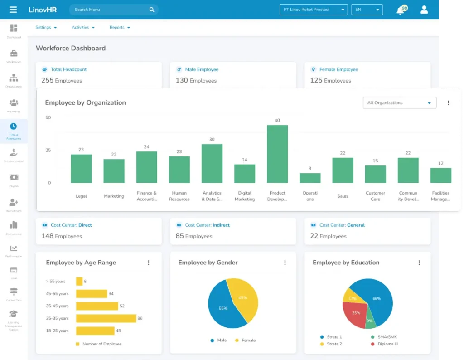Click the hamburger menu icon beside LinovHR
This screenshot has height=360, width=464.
click(x=13, y=10)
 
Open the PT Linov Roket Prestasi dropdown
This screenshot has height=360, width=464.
click(x=313, y=10)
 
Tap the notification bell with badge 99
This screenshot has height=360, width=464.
click(x=401, y=10)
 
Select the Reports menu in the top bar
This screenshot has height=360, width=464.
click(x=120, y=27)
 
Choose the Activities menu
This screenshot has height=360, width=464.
click(x=83, y=27)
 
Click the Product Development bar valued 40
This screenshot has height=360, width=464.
click(x=277, y=154)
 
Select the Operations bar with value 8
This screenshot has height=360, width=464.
click(x=310, y=178)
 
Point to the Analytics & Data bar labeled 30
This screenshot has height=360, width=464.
click(x=212, y=163)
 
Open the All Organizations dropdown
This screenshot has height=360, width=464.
click(x=399, y=103)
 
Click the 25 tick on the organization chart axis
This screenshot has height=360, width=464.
click(x=48, y=150)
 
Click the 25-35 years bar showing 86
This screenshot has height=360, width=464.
click(x=106, y=318)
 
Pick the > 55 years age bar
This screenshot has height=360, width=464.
click(x=79, y=282)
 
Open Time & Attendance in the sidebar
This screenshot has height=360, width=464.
click(x=14, y=131)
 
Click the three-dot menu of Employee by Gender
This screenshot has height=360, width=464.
click(x=285, y=263)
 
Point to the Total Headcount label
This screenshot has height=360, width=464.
click(x=68, y=69)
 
